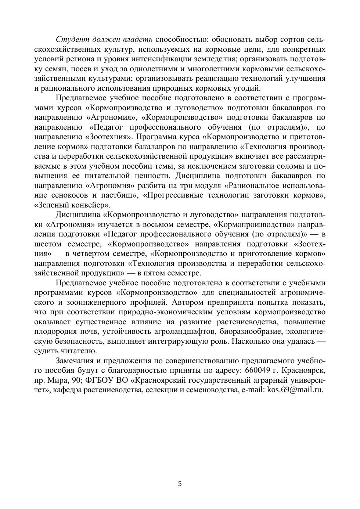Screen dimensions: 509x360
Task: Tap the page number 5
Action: point(180,484)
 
